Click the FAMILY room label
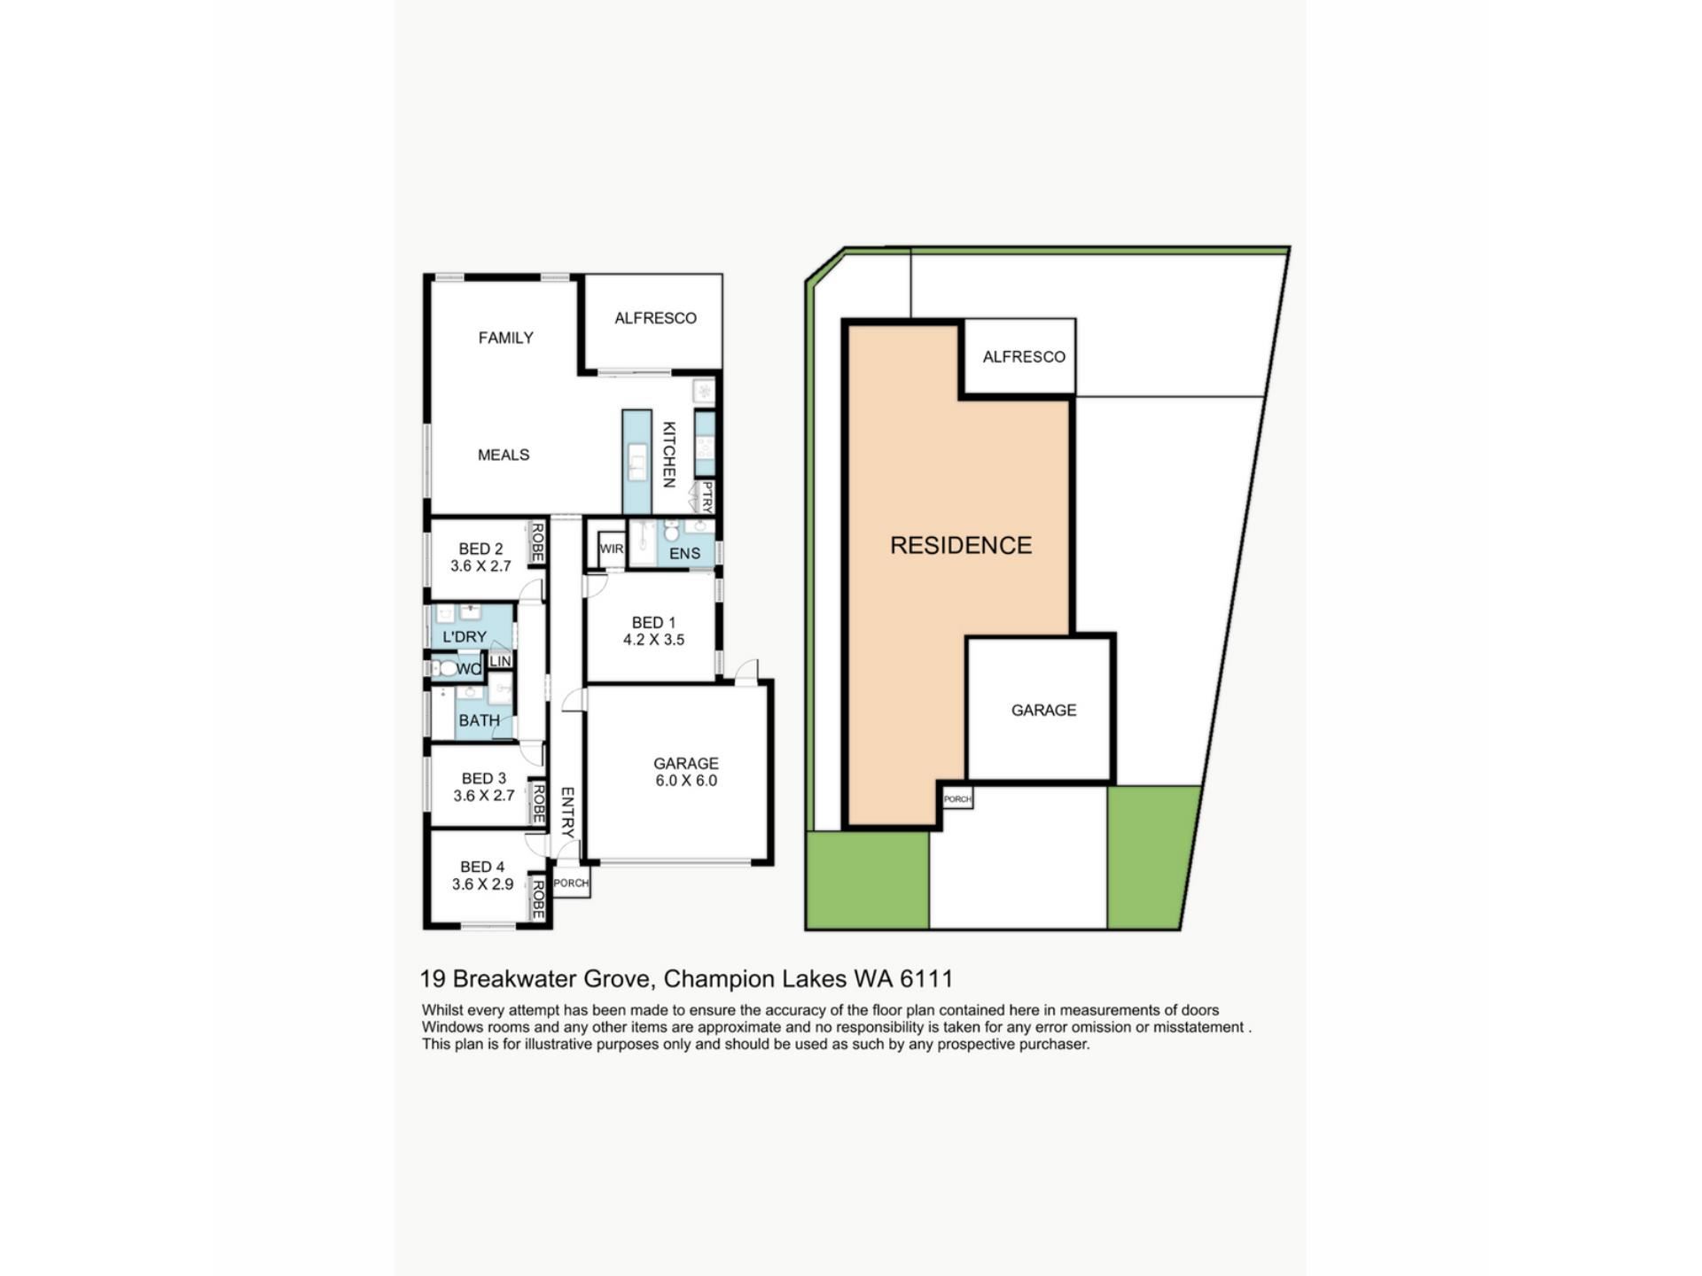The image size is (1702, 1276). pyautogui.click(x=505, y=338)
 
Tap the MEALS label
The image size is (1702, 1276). pyautogui.click(x=504, y=455)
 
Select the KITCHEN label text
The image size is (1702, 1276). pyautogui.click(x=669, y=454)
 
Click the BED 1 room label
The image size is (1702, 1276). pyautogui.click(x=653, y=623)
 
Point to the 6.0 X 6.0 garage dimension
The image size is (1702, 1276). pyautogui.click(x=686, y=781)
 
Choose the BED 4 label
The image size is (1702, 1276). pyautogui.click(x=482, y=867)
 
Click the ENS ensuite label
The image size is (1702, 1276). pyautogui.click(x=684, y=553)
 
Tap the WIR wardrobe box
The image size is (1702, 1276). pyautogui.click(x=612, y=549)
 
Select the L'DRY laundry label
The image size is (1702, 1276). pyautogui.click(x=465, y=636)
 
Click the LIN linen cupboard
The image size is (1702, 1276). pyautogui.click(x=500, y=661)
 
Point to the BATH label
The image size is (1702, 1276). pyautogui.click(x=479, y=720)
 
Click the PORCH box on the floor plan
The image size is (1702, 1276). pyautogui.click(x=571, y=883)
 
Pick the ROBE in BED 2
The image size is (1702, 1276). pyautogui.click(x=536, y=542)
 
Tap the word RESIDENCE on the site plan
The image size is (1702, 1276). pyautogui.click(x=961, y=545)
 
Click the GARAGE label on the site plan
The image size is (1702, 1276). pyautogui.click(x=1043, y=710)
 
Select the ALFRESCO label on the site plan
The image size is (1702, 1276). pyautogui.click(x=1024, y=356)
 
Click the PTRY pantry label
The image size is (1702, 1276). pyautogui.click(x=707, y=497)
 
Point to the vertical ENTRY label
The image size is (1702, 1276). pyautogui.click(x=568, y=812)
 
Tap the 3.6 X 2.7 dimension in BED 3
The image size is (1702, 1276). pyautogui.click(x=484, y=796)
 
